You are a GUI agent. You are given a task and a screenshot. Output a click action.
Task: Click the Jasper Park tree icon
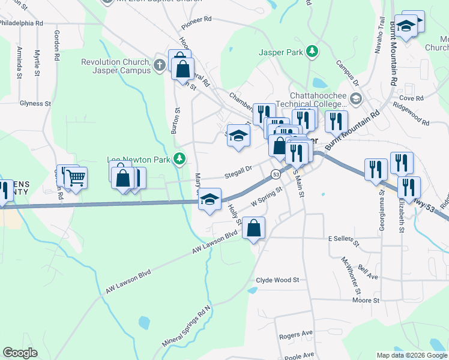[x=312, y=52]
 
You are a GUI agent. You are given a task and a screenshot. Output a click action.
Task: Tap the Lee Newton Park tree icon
[x=179, y=159]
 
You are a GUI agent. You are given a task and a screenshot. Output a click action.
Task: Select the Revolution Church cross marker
[x=159, y=65]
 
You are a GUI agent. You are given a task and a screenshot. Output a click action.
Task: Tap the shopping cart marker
[x=76, y=178]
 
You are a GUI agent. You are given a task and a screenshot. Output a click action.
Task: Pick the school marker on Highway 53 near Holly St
[x=209, y=199]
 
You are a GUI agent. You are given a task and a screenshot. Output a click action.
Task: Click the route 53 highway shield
[x=274, y=174]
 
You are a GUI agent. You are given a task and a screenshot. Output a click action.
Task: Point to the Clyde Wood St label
[x=277, y=280]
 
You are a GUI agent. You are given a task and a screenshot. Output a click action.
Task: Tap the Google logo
[x=20, y=353]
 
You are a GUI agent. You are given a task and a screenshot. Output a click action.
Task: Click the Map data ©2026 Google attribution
[x=411, y=355]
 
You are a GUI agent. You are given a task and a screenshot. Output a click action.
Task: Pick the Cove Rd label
[x=411, y=98]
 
